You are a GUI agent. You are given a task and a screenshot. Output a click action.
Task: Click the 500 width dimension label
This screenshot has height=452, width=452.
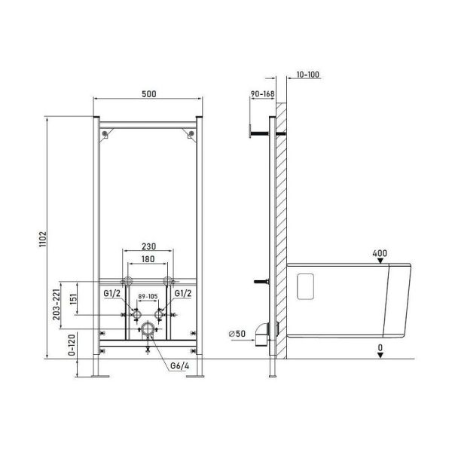coord(149,94)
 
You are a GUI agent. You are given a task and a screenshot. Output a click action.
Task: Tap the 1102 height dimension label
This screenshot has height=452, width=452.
coord(43,239)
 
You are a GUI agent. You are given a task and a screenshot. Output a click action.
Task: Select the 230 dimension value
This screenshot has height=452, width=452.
coord(148,246)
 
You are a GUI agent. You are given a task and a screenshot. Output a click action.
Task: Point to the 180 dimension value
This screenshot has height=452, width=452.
coord(148,259)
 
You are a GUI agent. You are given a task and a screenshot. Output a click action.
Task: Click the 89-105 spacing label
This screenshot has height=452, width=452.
coord(148,296)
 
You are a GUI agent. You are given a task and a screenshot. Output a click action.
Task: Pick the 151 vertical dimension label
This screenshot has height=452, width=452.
coord(74,298)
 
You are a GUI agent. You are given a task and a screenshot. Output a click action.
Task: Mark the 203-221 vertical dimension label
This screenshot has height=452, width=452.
coord(56,304)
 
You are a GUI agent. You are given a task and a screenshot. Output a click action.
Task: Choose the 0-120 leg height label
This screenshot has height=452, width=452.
coord(72,345)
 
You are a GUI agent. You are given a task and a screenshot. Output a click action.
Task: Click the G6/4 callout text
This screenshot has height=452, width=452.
coord(179,366)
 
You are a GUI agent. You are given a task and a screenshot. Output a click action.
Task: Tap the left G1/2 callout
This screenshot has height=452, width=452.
coord(111,294)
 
